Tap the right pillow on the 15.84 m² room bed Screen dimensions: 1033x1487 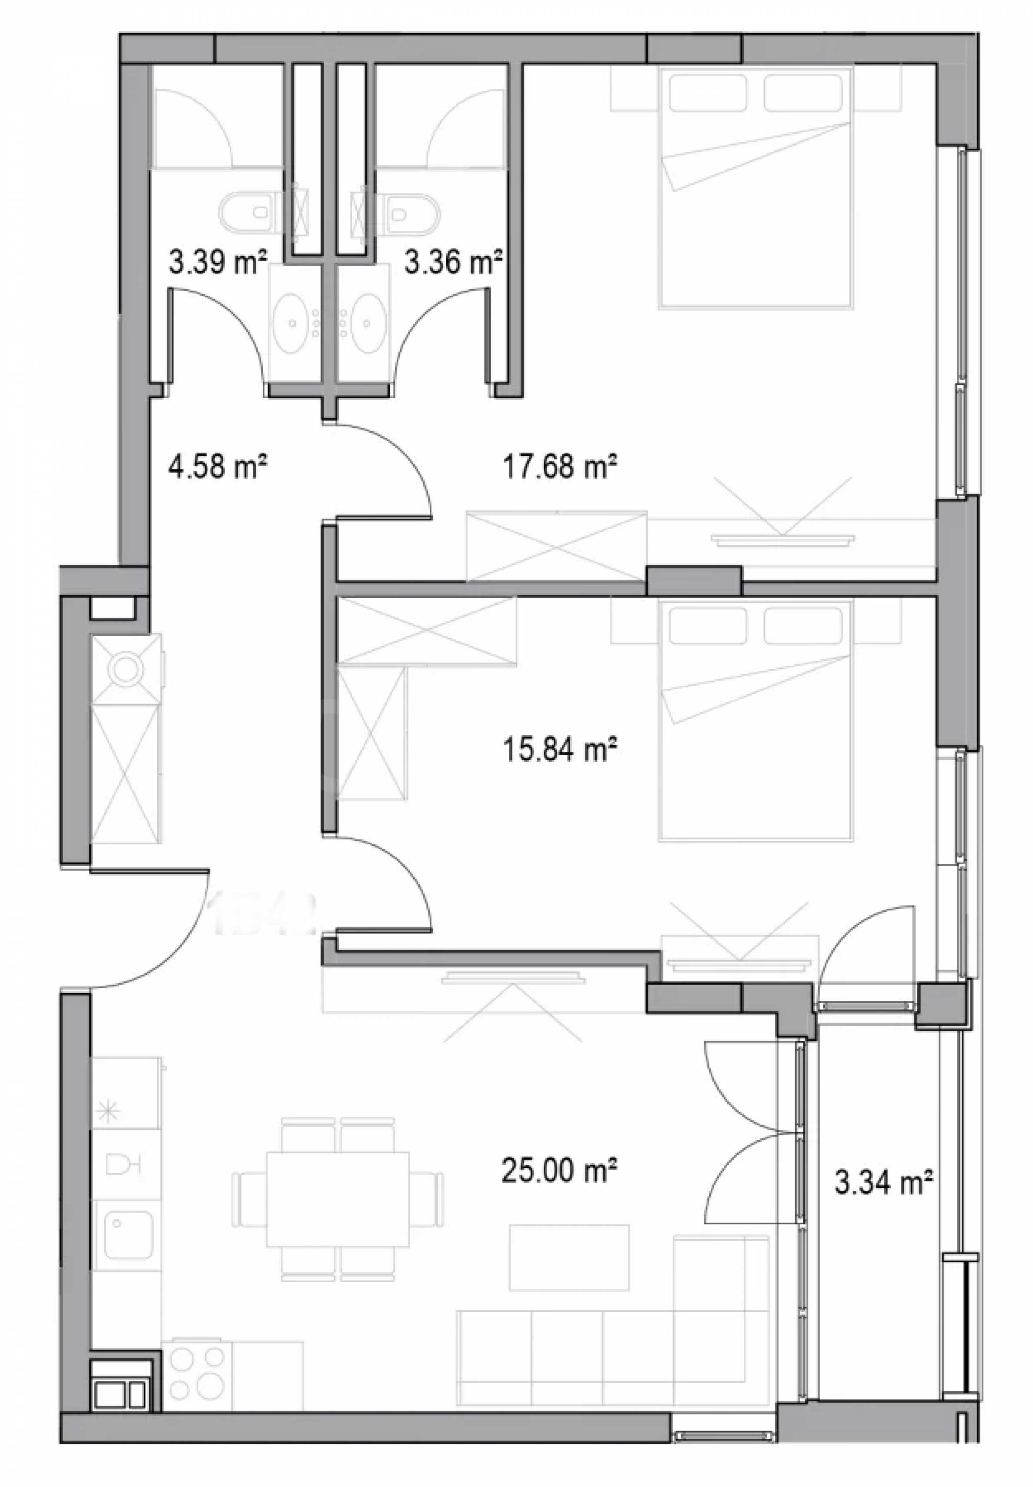tap(803, 626)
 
